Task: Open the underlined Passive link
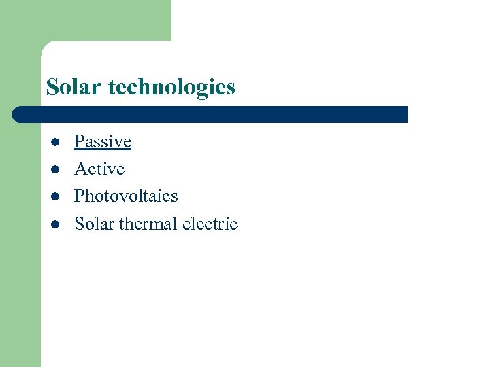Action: coord(102,142)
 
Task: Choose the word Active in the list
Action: coord(99,169)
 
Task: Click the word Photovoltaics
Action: coord(126,196)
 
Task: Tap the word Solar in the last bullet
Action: coord(94,224)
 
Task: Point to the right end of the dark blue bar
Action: coord(406,114)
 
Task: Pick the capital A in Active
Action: coord(80,169)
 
